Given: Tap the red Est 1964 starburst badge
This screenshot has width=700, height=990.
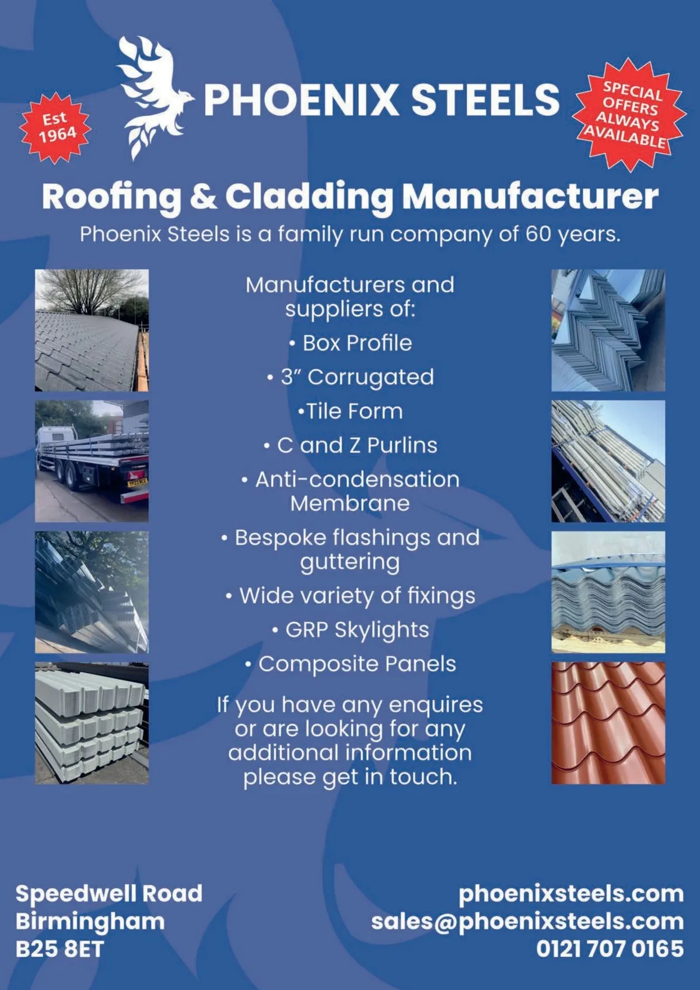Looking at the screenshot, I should [56, 128].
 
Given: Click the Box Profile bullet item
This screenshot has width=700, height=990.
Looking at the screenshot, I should [356, 343].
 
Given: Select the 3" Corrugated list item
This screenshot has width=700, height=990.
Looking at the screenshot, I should [356, 377].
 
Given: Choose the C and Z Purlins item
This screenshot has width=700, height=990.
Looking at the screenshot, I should [356, 445].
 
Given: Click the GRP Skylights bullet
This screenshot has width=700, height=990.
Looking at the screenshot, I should [356, 629].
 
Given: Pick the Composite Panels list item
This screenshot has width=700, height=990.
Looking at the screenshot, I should [356, 664].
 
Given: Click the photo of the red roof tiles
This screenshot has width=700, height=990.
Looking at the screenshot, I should [608, 723].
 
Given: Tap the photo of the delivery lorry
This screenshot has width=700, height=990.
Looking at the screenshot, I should [92, 461].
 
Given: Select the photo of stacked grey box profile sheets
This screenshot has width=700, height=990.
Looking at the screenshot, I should [92, 723].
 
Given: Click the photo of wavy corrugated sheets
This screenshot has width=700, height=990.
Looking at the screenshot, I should [608, 592].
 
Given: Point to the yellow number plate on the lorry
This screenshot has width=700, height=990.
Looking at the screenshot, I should [138, 482].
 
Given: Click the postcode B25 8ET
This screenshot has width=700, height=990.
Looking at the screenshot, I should [59, 949].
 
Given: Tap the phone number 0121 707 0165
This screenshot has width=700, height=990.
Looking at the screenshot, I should [610, 949].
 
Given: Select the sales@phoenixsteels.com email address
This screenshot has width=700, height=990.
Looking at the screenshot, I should [527, 921].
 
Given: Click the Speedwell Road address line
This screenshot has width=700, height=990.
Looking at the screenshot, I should [109, 893].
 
